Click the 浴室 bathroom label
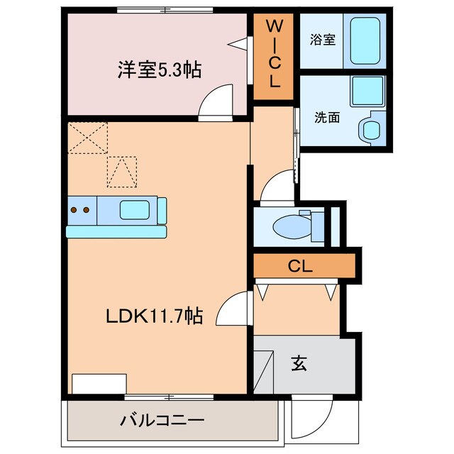[x=323, y=40]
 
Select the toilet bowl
[x=291, y=226]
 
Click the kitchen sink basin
[x=135, y=210]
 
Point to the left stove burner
[x=74, y=210]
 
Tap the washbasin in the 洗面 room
[x=370, y=130]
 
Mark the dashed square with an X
[x=89, y=137]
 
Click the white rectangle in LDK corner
[x=99, y=383]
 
